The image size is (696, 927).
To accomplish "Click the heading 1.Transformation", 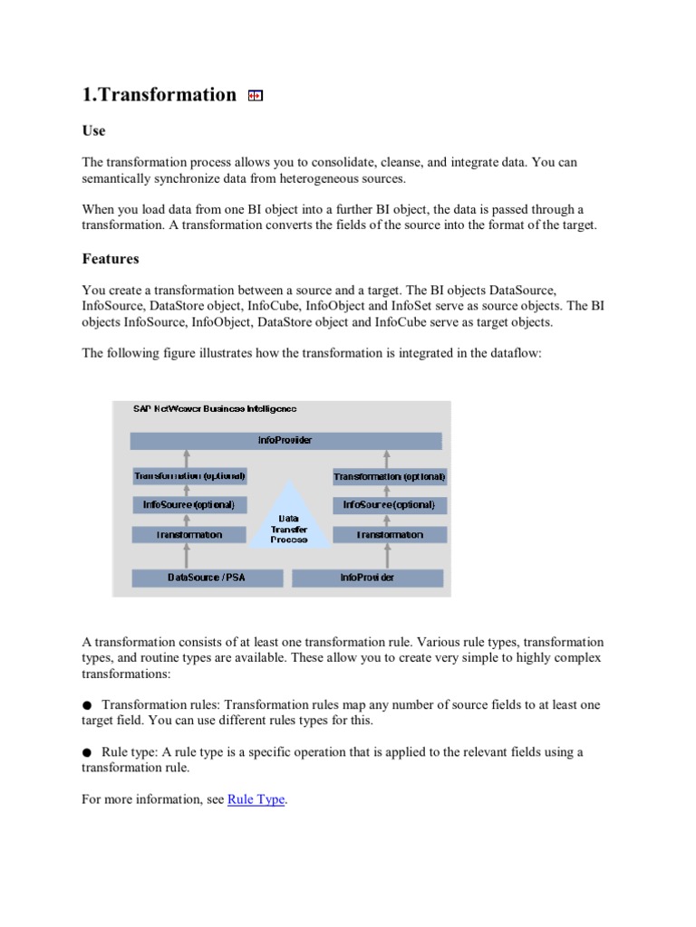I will pyautogui.click(x=159, y=95).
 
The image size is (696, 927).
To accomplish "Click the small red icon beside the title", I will pyautogui.click(x=255, y=96).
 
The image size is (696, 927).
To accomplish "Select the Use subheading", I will pyautogui.click(x=93, y=131).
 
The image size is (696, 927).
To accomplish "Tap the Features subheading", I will pyautogui.click(x=111, y=259).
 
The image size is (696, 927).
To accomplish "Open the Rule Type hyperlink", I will pyautogui.click(x=256, y=800).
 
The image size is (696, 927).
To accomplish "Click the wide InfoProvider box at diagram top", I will pyautogui.click(x=285, y=441).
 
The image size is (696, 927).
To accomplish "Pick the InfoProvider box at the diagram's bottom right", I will pyautogui.click(x=368, y=578).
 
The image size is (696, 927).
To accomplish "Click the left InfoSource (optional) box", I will pyautogui.click(x=188, y=504).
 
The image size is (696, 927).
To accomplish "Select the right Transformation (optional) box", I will pyautogui.click(x=390, y=476).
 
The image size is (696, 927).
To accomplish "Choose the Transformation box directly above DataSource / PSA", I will pyautogui.click(x=188, y=534).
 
